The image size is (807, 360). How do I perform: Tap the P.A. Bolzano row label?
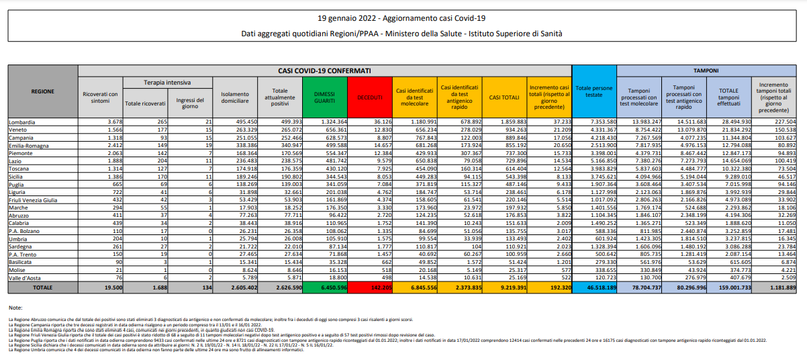point(24,230)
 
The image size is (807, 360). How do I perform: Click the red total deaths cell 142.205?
point(370,287)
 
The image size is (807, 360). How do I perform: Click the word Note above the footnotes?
point(15,307)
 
